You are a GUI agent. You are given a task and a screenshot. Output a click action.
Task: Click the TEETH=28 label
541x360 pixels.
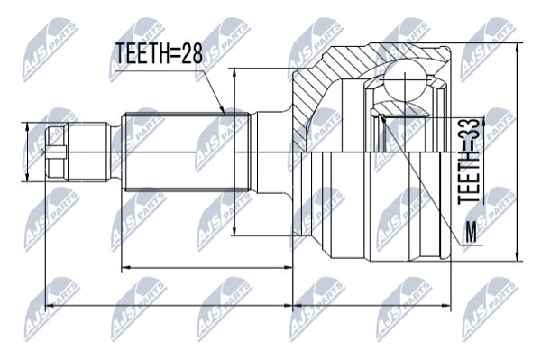click(159, 53)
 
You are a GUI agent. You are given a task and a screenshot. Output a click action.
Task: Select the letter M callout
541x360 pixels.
click(471, 232)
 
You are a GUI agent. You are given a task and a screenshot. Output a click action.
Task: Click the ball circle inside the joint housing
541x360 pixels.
click(404, 79)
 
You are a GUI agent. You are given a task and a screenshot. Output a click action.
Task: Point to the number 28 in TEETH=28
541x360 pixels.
click(193, 53)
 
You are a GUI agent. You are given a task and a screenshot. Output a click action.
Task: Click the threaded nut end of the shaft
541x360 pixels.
click(78, 152)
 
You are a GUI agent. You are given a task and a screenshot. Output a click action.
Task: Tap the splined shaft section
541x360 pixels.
click(185, 152)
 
